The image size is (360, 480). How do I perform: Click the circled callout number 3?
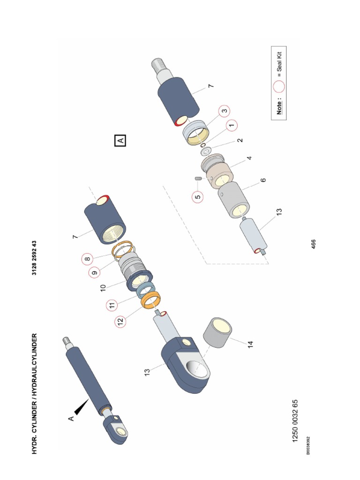[224, 111]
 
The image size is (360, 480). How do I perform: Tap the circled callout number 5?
[198, 197]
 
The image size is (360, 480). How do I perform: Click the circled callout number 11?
[112, 306]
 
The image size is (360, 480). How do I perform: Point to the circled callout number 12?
[120, 322]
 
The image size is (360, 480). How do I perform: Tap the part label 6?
[263, 180]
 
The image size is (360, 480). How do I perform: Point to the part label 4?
[249, 158]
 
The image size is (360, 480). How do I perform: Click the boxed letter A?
[120, 140]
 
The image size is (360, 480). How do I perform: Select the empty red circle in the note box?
[279, 86]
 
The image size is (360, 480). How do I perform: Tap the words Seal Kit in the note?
[279, 64]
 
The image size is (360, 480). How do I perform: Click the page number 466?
[314, 244]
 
